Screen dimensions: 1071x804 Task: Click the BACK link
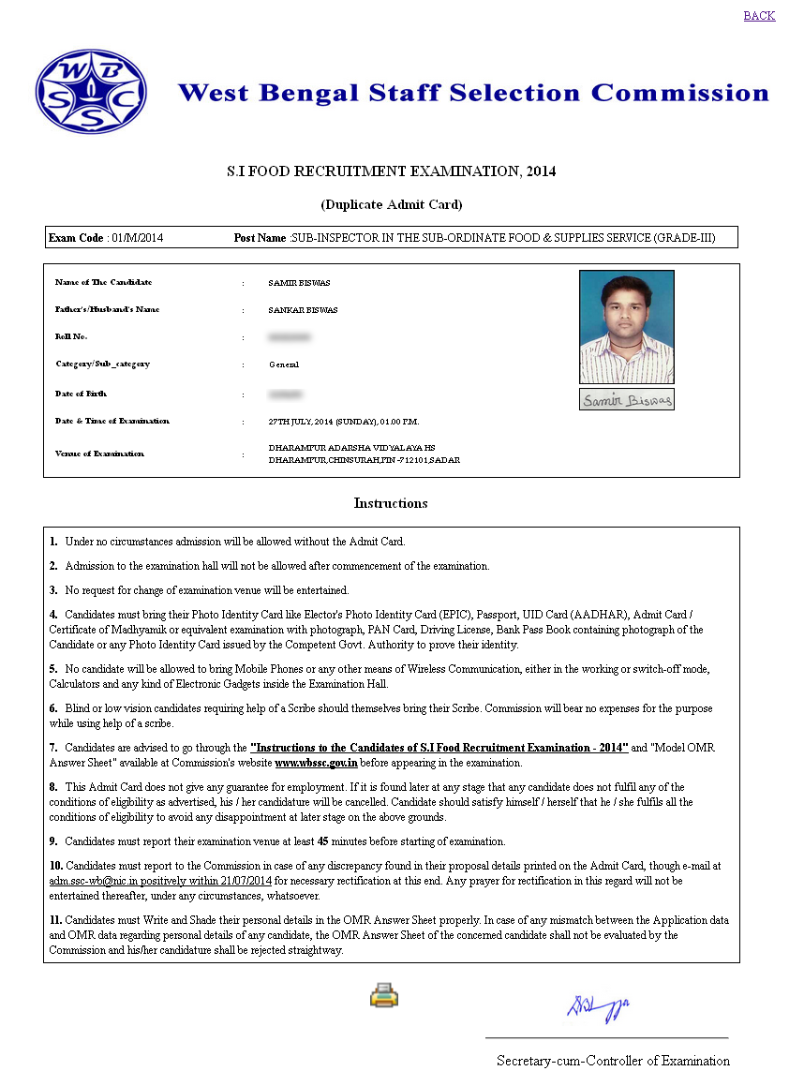tap(759, 16)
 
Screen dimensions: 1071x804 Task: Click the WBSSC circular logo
tap(91, 91)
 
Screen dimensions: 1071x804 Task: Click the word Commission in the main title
tap(679, 93)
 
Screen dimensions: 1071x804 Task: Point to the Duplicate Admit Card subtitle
tap(392, 204)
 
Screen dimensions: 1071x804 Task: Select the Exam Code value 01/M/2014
tap(137, 238)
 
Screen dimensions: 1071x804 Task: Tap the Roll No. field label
tap(71, 336)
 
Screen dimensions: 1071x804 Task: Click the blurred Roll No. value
tap(290, 336)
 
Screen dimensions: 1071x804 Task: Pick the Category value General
tap(284, 364)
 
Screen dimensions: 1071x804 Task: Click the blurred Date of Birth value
tap(286, 394)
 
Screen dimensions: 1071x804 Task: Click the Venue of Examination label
tap(99, 454)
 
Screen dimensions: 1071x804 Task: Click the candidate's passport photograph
tap(627, 326)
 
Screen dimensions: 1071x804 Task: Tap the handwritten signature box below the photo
tap(627, 400)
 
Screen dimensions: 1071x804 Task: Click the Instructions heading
tap(391, 503)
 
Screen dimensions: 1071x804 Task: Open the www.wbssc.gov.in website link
tap(317, 764)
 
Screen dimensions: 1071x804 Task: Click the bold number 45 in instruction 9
tap(323, 841)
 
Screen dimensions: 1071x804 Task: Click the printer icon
tap(384, 994)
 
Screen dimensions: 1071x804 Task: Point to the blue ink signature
tap(597, 1008)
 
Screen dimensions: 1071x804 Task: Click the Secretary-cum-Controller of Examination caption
tap(613, 1061)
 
